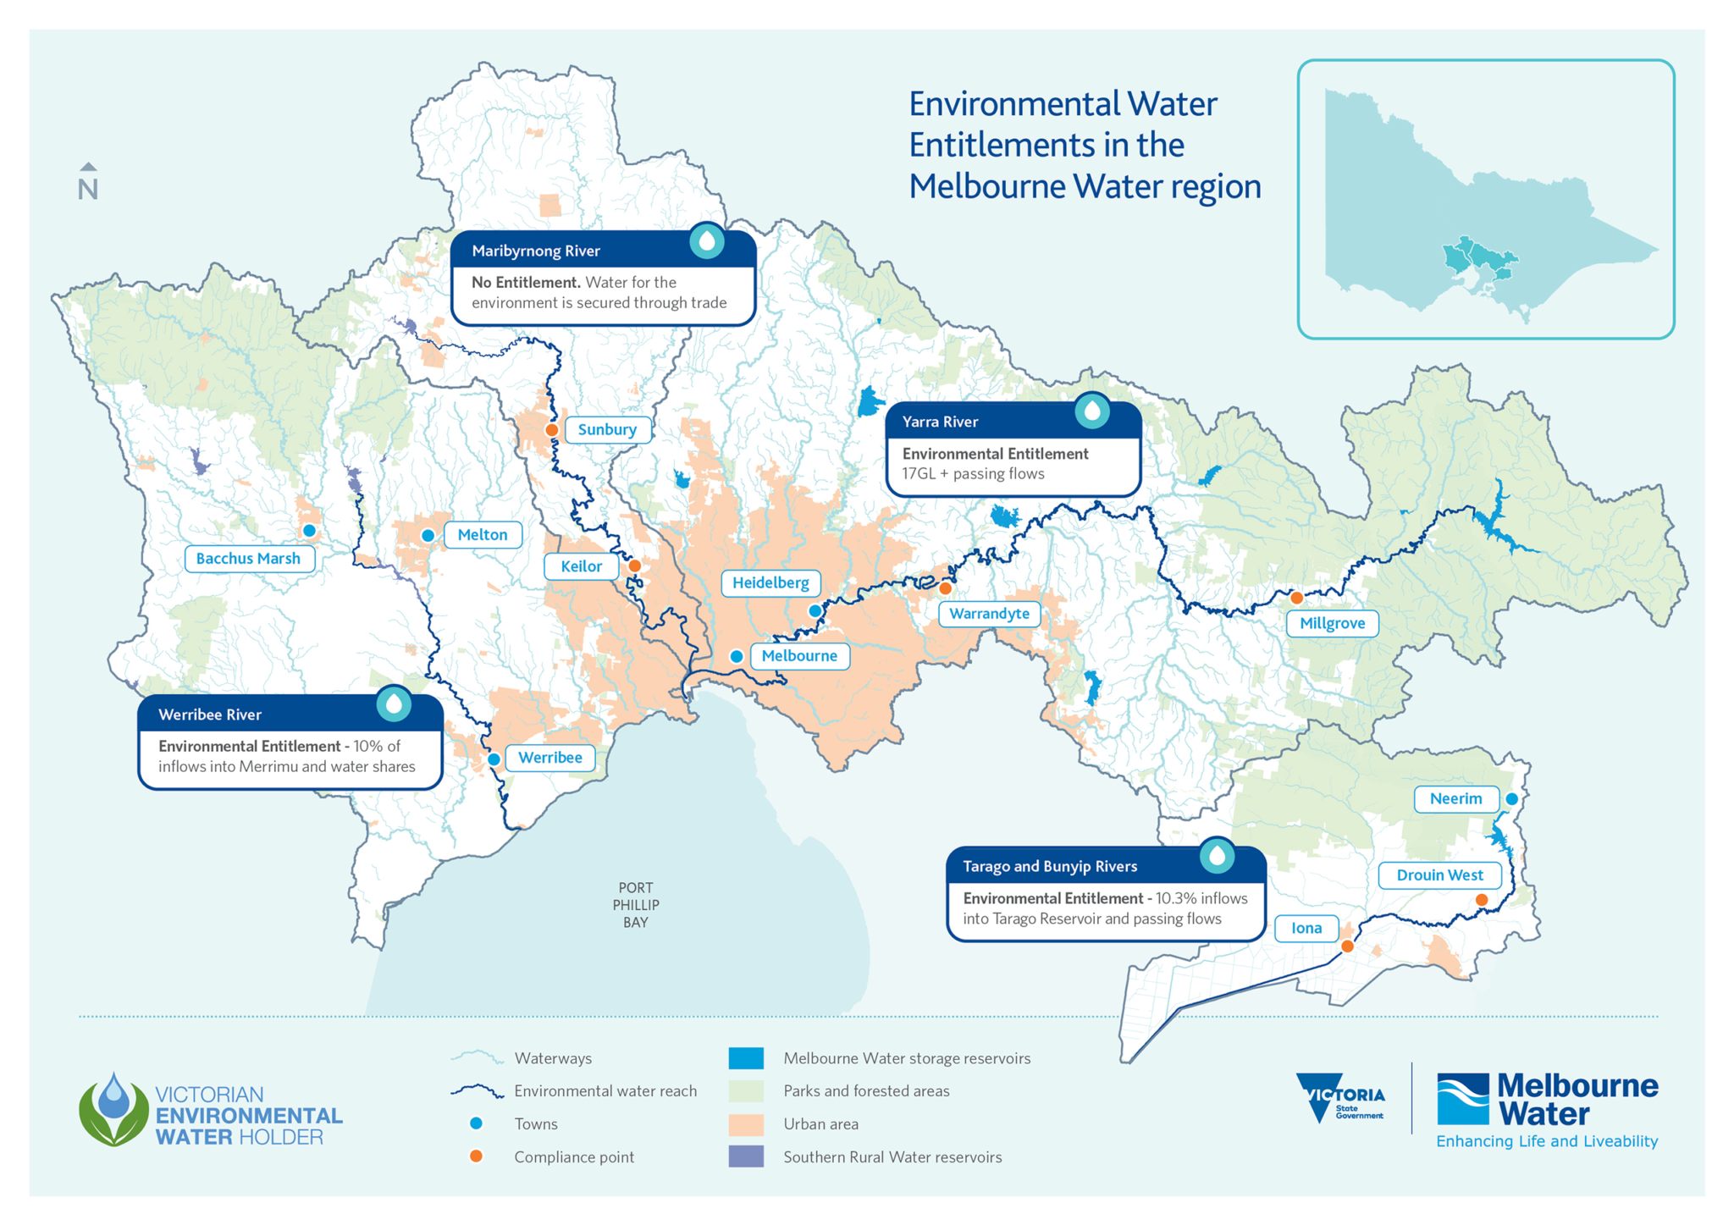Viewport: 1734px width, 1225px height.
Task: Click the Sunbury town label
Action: click(607, 429)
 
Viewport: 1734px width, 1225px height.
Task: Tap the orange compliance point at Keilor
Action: click(634, 566)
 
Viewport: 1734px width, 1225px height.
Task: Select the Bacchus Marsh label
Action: click(248, 558)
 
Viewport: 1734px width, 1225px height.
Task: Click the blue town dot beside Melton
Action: click(428, 535)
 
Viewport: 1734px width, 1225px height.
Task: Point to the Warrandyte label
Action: click(989, 614)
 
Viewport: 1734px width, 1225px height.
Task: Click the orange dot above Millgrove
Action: click(1296, 598)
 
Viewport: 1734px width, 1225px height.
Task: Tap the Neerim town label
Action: click(1455, 798)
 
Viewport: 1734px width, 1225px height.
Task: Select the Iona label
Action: click(1306, 928)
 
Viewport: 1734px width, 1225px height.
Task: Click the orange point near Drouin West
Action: click(1481, 900)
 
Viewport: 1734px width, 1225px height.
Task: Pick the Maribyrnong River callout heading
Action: click(536, 251)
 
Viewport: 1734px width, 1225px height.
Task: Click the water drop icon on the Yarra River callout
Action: click(1092, 411)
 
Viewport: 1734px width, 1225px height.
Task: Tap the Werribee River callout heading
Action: click(210, 715)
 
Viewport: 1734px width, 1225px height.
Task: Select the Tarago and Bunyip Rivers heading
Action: click(1050, 866)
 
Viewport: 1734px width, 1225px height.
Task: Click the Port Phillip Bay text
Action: click(636, 905)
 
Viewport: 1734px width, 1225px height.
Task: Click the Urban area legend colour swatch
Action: click(746, 1124)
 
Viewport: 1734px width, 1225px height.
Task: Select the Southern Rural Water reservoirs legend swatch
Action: click(746, 1156)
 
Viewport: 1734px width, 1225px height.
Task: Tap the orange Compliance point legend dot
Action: click(477, 1156)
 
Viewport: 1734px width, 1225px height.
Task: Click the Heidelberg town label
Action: click(770, 582)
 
